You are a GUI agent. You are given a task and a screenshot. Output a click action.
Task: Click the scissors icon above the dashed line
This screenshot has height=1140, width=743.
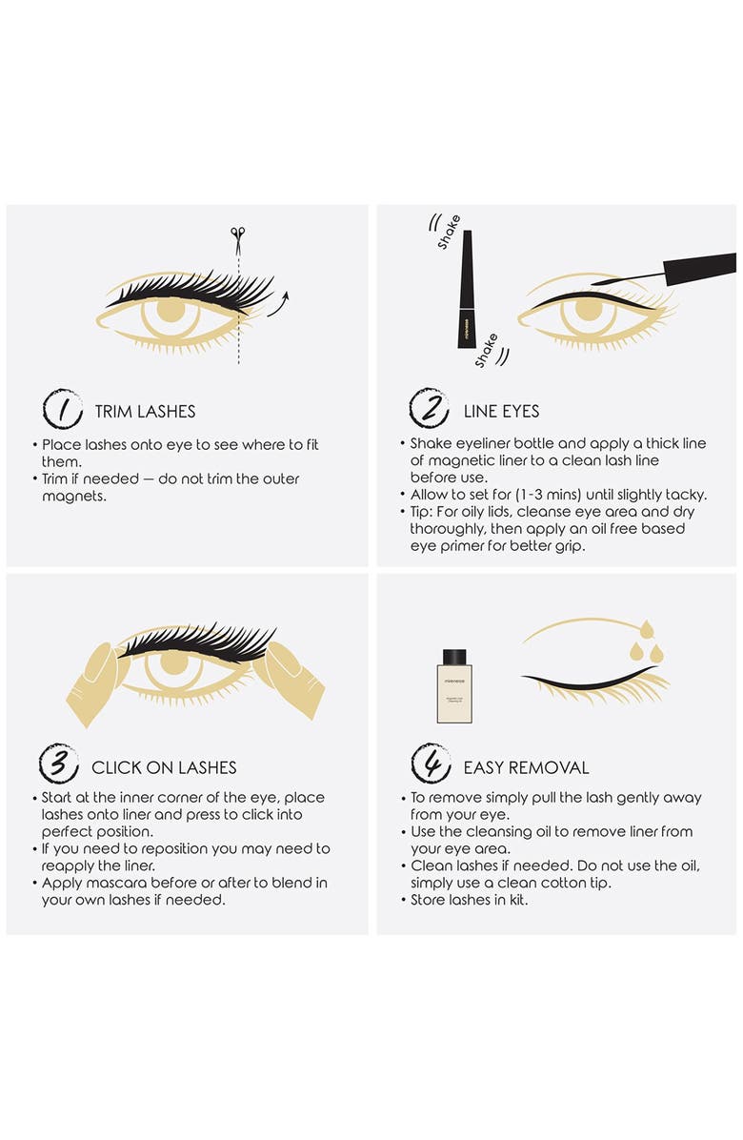click(x=238, y=234)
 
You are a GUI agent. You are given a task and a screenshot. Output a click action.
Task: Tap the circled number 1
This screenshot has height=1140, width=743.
click(x=62, y=410)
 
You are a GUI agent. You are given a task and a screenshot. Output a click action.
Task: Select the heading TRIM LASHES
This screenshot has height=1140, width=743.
click(x=145, y=412)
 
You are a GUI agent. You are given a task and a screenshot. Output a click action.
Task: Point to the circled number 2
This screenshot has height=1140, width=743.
click(x=430, y=410)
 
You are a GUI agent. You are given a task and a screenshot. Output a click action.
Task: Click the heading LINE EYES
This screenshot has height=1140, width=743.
click(x=501, y=412)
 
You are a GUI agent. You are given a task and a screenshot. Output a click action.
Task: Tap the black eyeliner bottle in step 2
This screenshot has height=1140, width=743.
click(x=467, y=286)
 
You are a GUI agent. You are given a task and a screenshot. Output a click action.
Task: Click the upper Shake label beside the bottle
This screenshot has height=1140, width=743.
click(x=449, y=233)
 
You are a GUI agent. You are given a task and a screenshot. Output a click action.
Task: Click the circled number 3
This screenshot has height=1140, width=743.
click(x=58, y=765)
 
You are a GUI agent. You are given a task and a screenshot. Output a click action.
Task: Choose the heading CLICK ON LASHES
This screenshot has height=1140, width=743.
click(x=164, y=767)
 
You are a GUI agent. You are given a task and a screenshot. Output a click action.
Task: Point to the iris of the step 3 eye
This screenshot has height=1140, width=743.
click(x=173, y=663)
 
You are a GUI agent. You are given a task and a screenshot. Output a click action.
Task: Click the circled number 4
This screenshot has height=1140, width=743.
click(x=431, y=765)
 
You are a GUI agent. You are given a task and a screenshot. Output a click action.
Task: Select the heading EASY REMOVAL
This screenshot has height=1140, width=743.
click(x=526, y=767)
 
